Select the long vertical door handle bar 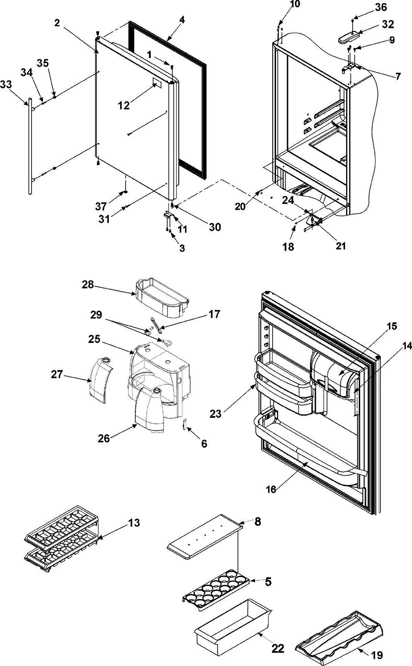click(30, 148)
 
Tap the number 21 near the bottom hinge click(341, 246)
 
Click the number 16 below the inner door click(271, 489)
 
